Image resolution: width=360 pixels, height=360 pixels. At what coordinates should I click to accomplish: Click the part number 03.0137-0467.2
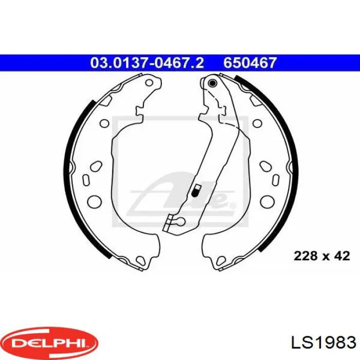point(147,63)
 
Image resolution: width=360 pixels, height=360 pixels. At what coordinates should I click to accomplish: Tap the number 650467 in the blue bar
point(250,63)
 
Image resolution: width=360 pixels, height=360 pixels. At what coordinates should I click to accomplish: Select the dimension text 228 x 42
point(321,256)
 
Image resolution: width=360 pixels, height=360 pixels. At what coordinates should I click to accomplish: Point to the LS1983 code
point(323,343)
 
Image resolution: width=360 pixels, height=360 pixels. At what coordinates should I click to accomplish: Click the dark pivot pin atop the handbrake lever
point(212,83)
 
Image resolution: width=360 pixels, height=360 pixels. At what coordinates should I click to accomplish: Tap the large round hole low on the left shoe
point(94,202)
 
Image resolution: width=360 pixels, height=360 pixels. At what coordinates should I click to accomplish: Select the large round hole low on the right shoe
point(267,202)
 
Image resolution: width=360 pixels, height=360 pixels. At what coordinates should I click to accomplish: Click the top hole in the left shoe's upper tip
point(149,83)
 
